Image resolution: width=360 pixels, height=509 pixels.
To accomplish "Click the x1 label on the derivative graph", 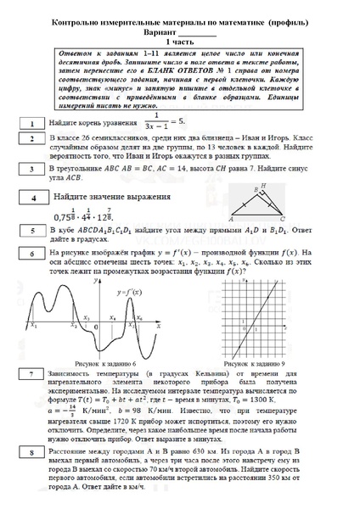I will pos(32,324).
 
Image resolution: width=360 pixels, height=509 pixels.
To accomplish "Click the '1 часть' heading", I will pos(179,40).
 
